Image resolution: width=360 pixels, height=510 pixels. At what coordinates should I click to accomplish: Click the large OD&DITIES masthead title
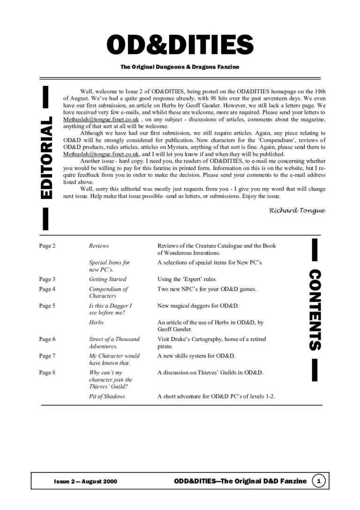pyautogui.click(x=180, y=45)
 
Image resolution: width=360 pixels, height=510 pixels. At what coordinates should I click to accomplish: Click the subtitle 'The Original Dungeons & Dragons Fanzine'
pyautogui.click(x=180, y=67)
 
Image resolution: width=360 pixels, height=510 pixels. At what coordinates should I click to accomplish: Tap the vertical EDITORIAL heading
pyautogui.click(x=46, y=158)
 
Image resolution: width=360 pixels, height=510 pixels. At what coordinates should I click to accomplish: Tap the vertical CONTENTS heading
pyautogui.click(x=315, y=310)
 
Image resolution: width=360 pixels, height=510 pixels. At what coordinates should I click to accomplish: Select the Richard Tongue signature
pyautogui.click(x=297, y=211)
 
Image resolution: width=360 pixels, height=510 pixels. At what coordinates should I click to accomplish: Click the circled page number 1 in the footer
pyautogui.click(x=319, y=481)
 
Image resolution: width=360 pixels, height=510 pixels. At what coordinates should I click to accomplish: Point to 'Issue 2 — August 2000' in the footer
pyautogui.click(x=85, y=481)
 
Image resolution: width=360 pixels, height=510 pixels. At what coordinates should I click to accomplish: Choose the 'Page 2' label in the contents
pyautogui.click(x=47, y=246)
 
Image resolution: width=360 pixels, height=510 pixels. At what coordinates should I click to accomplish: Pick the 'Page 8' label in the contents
pyautogui.click(x=47, y=373)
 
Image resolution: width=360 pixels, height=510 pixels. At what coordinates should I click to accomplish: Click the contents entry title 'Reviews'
pyautogui.click(x=98, y=246)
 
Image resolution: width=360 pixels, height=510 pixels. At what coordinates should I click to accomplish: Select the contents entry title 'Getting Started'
pyautogui.click(x=107, y=279)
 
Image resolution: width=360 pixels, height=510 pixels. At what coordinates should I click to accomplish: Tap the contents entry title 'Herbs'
pyautogui.click(x=96, y=323)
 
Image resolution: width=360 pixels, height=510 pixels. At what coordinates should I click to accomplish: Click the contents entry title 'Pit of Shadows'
pyautogui.click(x=107, y=396)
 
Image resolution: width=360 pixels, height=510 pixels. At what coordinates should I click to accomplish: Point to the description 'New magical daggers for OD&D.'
pyautogui.click(x=198, y=306)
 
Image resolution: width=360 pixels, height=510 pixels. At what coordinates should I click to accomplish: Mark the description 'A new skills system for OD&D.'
pyautogui.click(x=196, y=356)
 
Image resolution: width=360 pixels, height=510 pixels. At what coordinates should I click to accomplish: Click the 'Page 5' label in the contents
pyautogui.click(x=47, y=306)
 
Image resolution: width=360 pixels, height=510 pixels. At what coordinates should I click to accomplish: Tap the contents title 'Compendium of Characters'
pyautogui.click(x=108, y=292)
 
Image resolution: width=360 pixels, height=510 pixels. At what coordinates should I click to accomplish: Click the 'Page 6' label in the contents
pyautogui.click(x=47, y=339)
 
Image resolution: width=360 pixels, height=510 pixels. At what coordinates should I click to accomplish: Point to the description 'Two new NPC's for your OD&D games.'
pyautogui.click(x=207, y=289)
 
